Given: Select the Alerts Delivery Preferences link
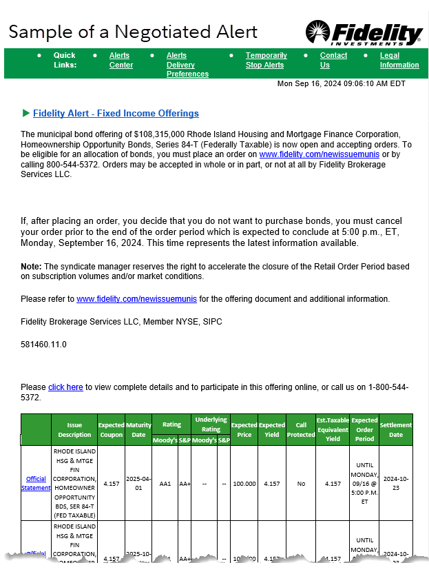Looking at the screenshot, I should click(x=187, y=65).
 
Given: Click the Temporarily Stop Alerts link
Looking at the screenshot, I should click(x=266, y=60).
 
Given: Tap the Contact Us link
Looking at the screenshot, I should click(x=333, y=60).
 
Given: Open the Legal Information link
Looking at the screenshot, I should click(x=399, y=60).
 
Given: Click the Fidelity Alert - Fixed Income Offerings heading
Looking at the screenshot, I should click(x=116, y=114).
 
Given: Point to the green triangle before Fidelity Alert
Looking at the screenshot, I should click(x=26, y=113).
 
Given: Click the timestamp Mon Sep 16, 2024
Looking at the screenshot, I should click(x=341, y=83).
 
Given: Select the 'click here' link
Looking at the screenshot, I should click(x=65, y=387).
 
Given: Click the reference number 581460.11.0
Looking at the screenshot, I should click(x=43, y=344).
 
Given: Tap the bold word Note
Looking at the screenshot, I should click(x=31, y=266).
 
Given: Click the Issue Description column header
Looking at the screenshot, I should click(x=74, y=429).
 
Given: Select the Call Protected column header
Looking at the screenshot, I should click(x=300, y=429).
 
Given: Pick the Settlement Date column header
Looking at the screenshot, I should click(x=395, y=429).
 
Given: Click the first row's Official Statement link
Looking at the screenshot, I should click(x=36, y=483).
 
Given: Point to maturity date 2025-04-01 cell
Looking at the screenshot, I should click(x=138, y=483).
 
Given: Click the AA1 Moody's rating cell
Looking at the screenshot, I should click(x=164, y=484).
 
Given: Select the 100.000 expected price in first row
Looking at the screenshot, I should click(x=244, y=484).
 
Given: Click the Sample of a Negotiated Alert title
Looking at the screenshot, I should click(x=133, y=32).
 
